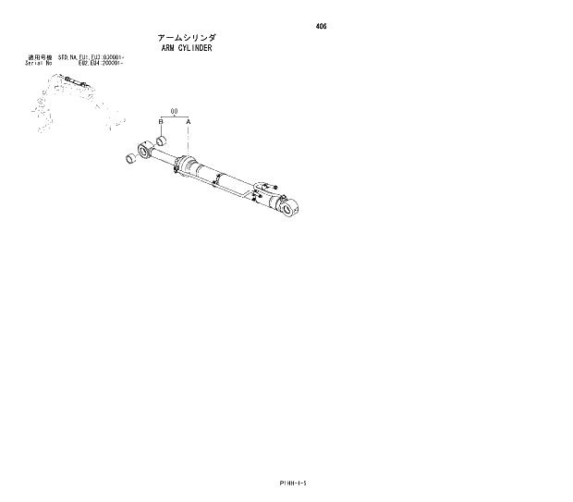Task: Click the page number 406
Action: (321, 26)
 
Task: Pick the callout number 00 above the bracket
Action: (174, 110)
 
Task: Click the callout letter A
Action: (189, 122)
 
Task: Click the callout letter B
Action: (160, 122)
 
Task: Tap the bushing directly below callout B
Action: (160, 141)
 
